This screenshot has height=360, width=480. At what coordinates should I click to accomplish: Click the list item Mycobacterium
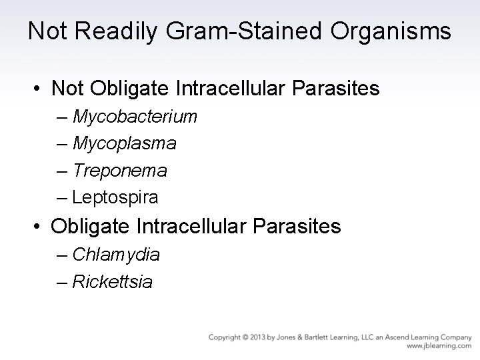pyautogui.click(x=135, y=117)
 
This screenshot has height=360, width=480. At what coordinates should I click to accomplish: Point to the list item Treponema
pyautogui.click(x=120, y=171)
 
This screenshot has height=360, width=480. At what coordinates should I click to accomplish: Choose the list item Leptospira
pyautogui.click(x=115, y=197)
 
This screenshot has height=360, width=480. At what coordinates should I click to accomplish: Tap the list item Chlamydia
pyautogui.click(x=116, y=255)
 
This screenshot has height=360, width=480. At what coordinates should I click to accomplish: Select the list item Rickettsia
pyautogui.click(x=112, y=282)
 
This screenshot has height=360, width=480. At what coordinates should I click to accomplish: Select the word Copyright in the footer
pyautogui.click(x=225, y=337)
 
